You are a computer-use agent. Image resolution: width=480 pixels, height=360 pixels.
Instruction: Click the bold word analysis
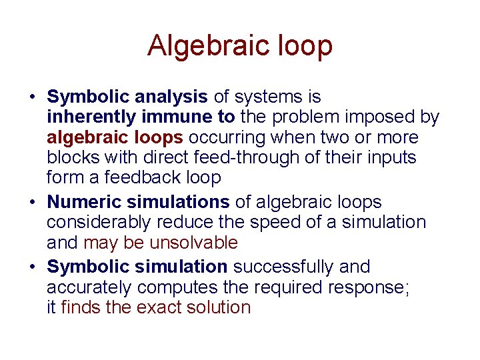(x=171, y=97)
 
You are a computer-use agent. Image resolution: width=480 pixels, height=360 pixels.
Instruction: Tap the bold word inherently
(x=92, y=117)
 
